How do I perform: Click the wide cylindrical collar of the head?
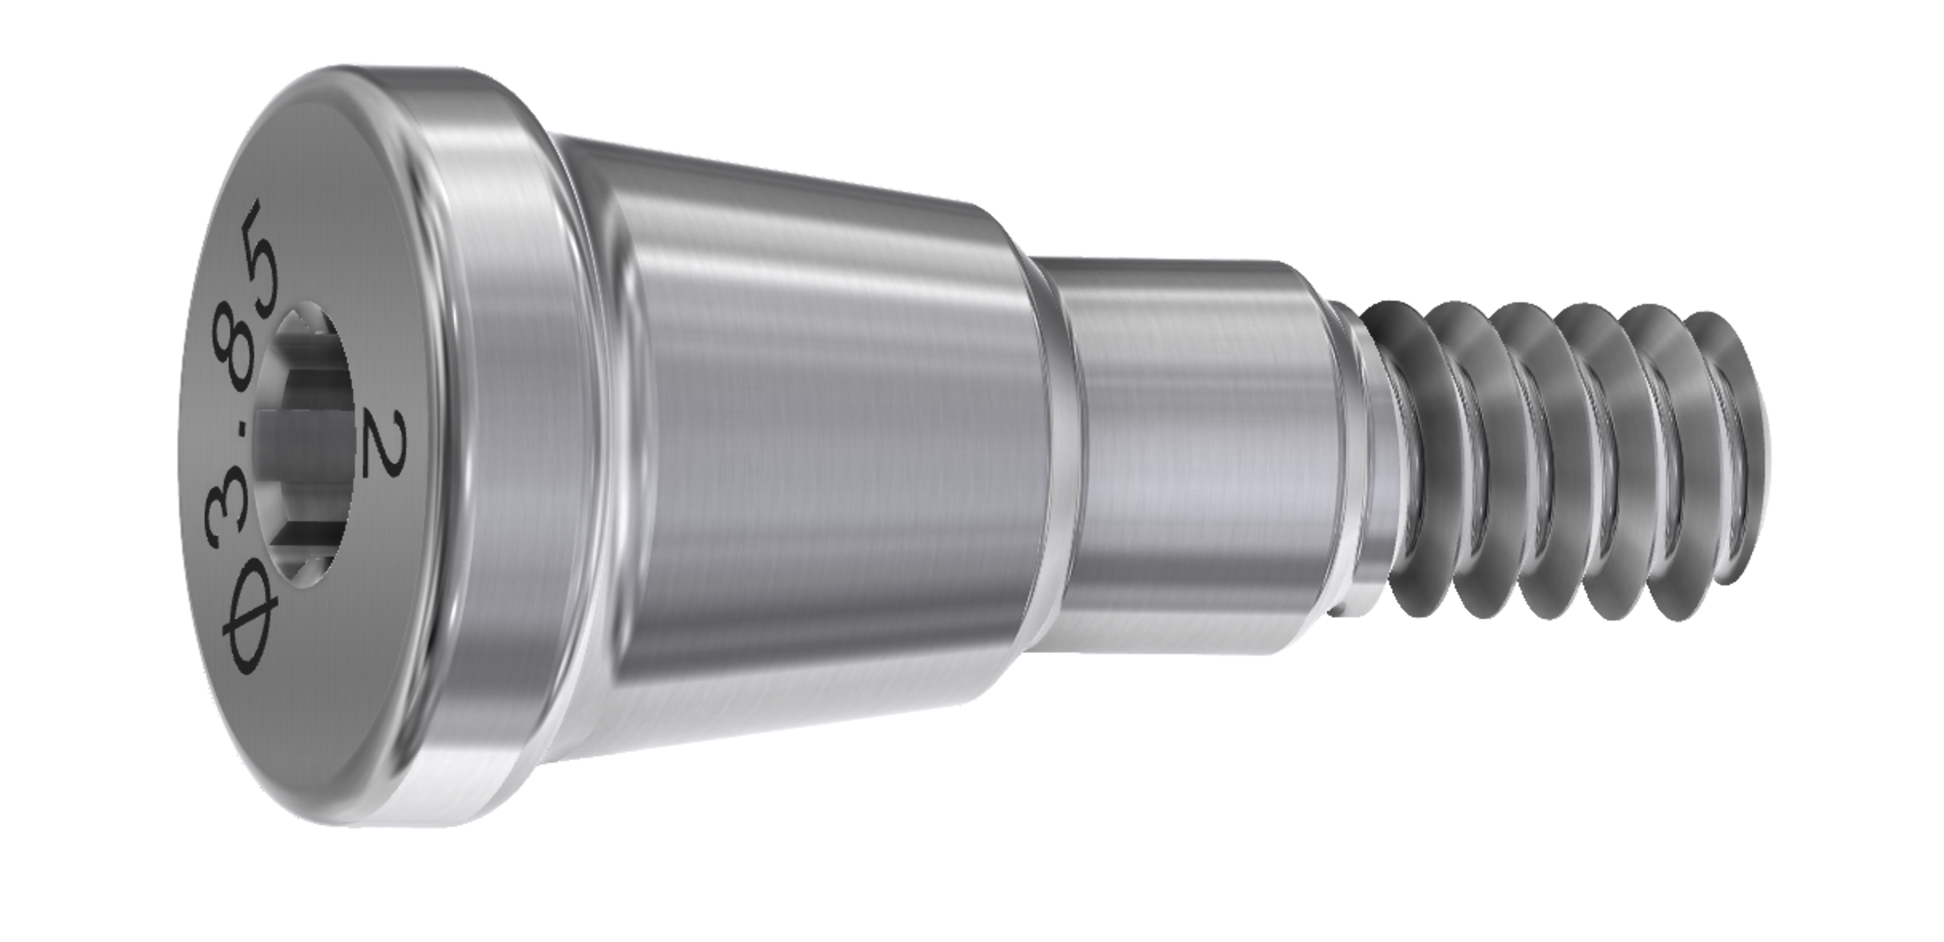coord(496,448)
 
